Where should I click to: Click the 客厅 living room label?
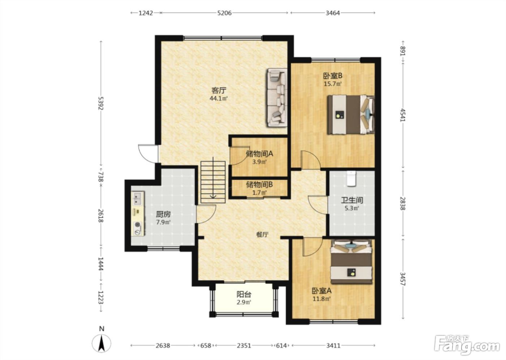[x=219, y=91]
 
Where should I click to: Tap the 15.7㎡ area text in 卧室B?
[x=333, y=84]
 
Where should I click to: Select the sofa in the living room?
[x=277, y=98]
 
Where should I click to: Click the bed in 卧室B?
[x=351, y=115]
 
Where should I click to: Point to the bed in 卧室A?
[x=351, y=262]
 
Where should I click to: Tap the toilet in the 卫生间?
[x=351, y=179]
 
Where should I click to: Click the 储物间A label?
[x=260, y=154]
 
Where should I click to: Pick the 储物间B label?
[x=260, y=185]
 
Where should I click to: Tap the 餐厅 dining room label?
[x=262, y=235]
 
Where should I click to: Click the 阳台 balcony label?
[x=244, y=294]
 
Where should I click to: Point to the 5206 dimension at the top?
[x=224, y=13]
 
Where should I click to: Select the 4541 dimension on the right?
[x=403, y=115]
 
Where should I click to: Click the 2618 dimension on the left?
[x=101, y=216]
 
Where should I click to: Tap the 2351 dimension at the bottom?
[x=244, y=346]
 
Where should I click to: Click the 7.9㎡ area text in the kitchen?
[x=163, y=222]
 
